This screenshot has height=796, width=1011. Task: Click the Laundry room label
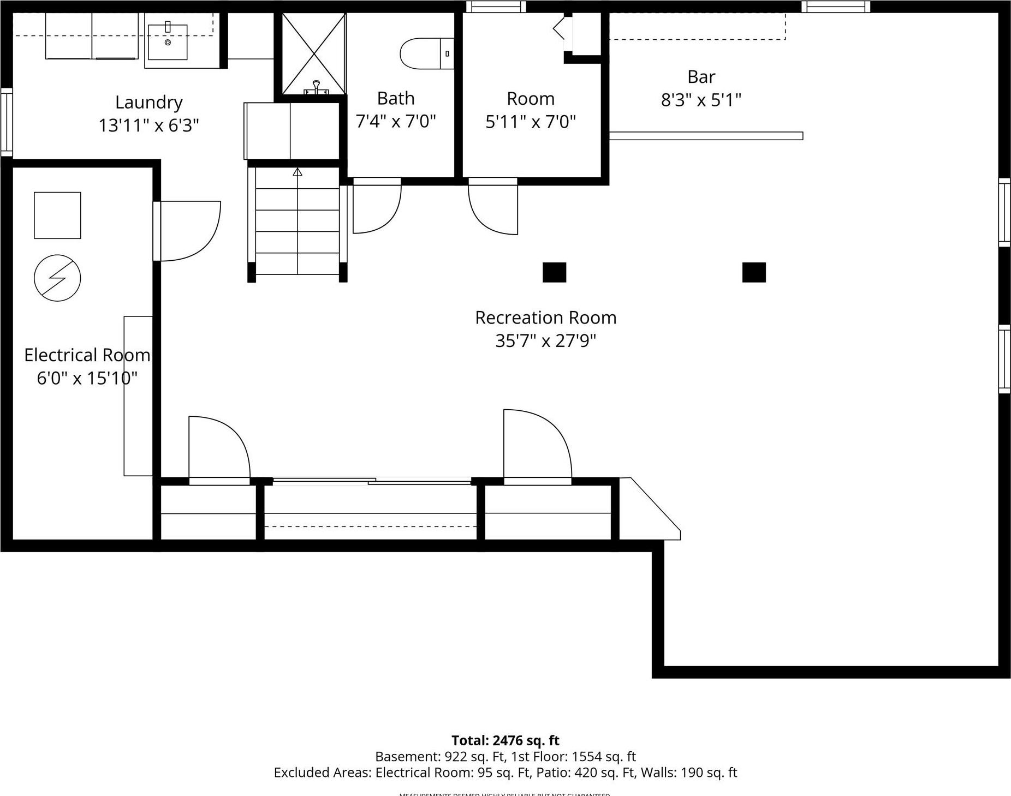(x=148, y=102)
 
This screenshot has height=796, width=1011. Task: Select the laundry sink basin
(x=168, y=42)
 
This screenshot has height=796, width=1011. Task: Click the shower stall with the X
(x=314, y=53)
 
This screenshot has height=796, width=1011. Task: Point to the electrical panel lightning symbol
(x=57, y=278)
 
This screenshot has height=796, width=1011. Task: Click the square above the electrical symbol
(x=57, y=215)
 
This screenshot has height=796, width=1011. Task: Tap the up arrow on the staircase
(x=297, y=172)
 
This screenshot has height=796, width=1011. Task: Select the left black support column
(x=554, y=272)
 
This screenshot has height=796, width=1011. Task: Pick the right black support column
(x=753, y=272)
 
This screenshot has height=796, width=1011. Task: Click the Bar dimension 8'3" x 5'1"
(x=701, y=100)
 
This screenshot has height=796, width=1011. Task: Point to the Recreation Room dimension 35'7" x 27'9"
(x=545, y=341)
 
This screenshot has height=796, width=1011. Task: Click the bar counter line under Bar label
(x=705, y=136)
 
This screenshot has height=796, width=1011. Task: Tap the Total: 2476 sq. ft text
(x=505, y=740)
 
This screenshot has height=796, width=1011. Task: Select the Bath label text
(x=396, y=98)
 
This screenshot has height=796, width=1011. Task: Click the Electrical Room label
(x=87, y=355)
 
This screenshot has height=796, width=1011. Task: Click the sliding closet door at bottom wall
(x=371, y=481)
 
